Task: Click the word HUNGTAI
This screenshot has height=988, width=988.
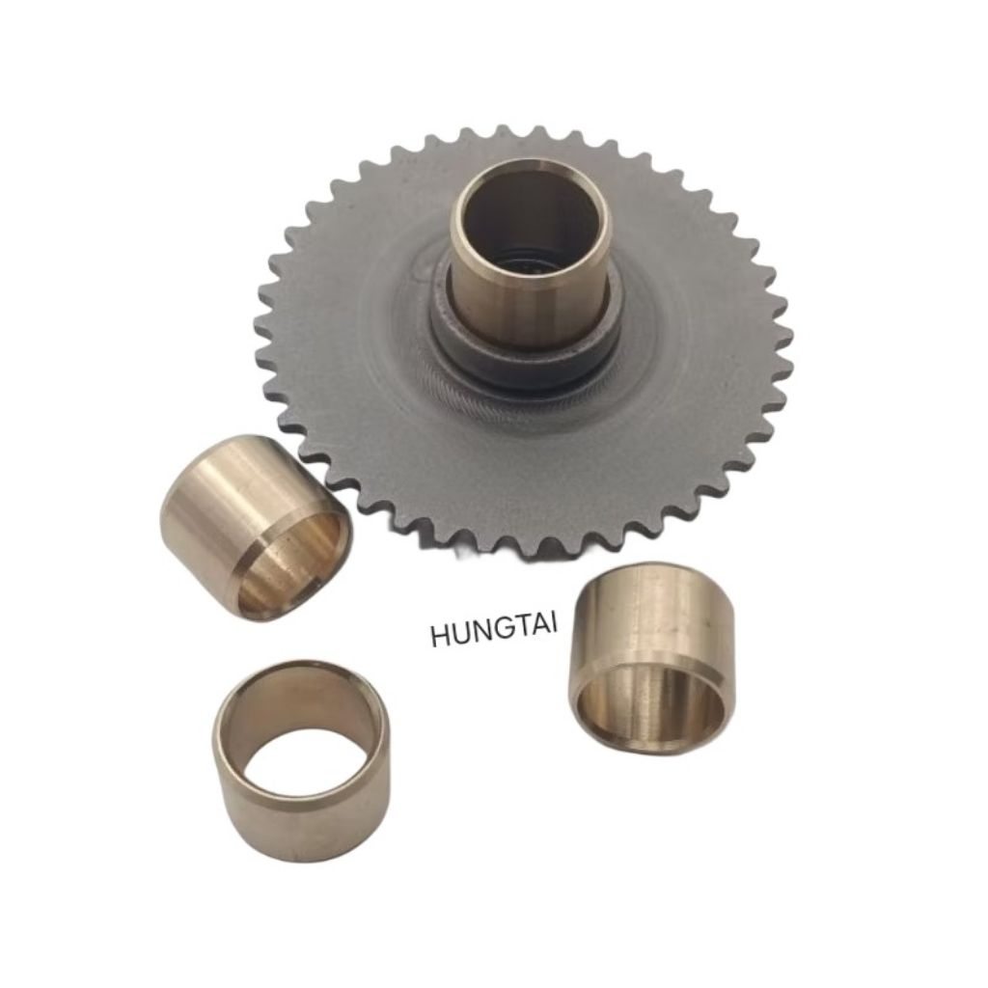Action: pyautogui.click(x=494, y=631)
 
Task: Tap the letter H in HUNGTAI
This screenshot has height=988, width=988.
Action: pyautogui.click(x=440, y=636)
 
